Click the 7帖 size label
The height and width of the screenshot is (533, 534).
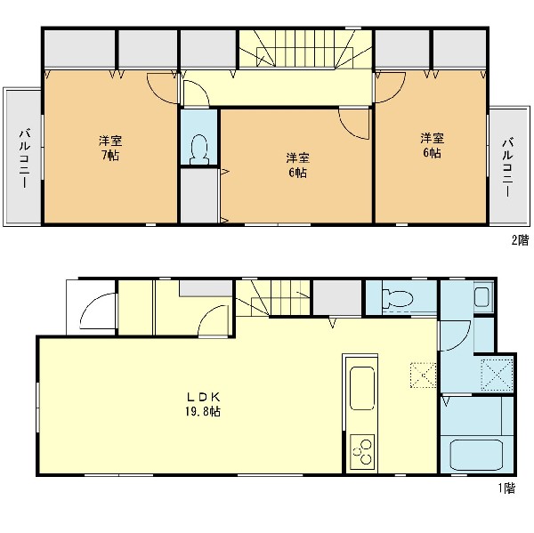tap(110, 156)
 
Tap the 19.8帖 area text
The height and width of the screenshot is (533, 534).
tap(203, 411)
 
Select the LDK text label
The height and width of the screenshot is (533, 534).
tap(203, 397)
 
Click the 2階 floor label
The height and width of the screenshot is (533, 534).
tap(520, 240)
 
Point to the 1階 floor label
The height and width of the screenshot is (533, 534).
tap(507, 488)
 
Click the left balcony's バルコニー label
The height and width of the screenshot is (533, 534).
tap(25, 158)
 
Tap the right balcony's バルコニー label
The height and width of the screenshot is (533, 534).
tap(508, 167)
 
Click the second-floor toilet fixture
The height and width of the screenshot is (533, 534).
tap(199, 149)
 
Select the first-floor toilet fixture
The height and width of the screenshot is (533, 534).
tap(397, 298)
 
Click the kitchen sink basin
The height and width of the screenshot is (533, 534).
tap(361, 388)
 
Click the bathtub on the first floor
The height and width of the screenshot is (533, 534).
tap(477, 455)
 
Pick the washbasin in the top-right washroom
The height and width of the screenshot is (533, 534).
tap(481, 296)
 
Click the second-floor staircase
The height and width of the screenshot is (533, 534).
tap(305, 49)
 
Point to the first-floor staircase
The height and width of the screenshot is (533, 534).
tap(272, 298)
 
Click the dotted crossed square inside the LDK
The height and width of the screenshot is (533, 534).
tap(424, 375)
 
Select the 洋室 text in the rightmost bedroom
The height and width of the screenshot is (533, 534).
tap(432, 138)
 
